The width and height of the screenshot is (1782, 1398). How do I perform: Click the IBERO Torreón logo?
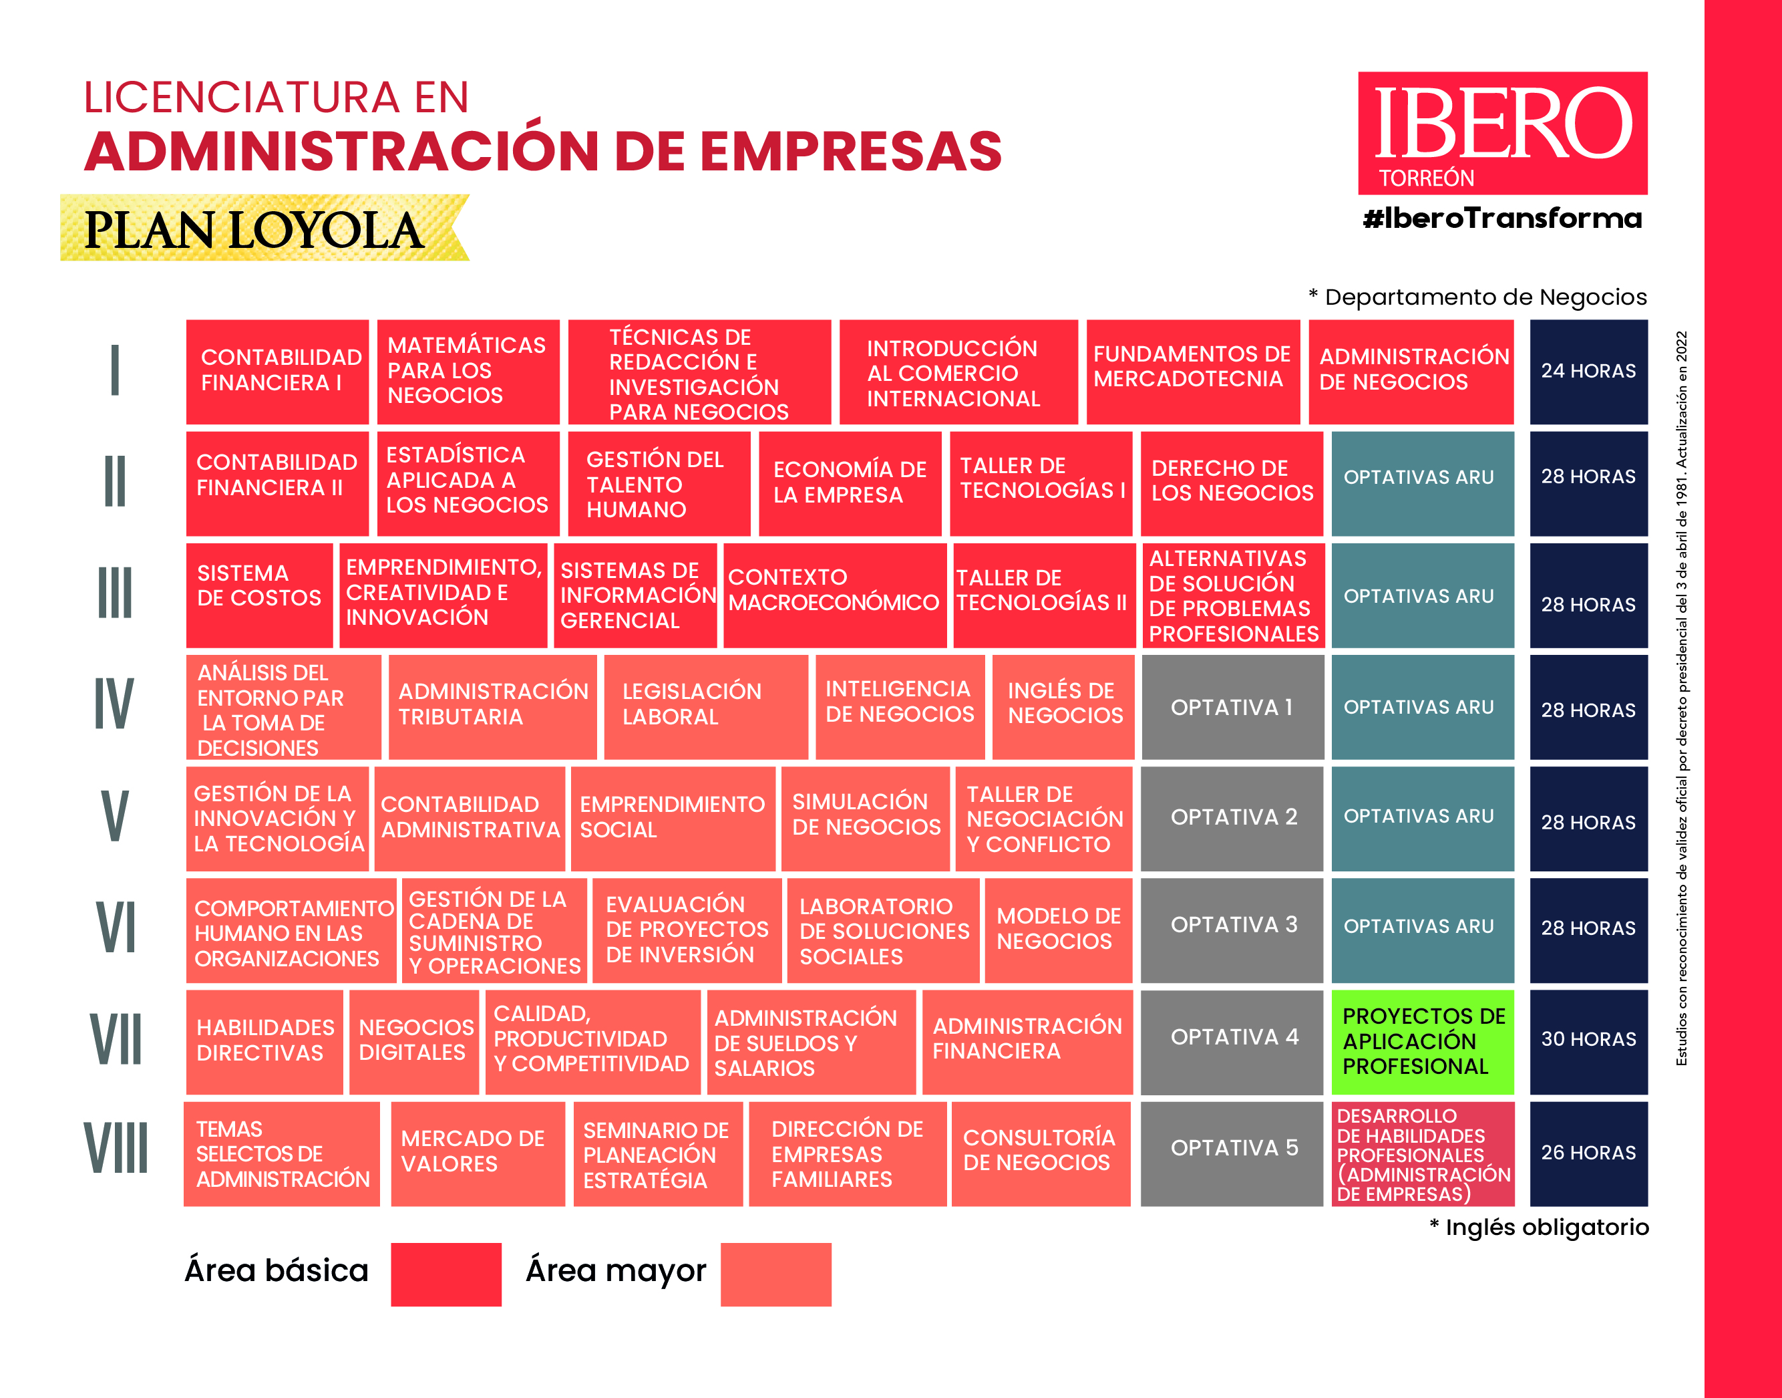1502,132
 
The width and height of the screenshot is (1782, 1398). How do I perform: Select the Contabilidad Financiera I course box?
277,372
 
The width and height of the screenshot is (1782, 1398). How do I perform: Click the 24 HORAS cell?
1588,372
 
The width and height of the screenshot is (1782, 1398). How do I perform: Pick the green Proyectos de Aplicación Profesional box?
1422,1041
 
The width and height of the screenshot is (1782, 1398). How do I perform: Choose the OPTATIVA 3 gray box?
1232,929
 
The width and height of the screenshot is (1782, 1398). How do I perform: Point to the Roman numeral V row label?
114,817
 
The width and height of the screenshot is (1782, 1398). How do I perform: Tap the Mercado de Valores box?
477,1153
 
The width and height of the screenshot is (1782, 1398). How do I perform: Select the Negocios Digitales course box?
414,1041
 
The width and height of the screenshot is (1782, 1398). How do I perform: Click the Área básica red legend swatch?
446,1274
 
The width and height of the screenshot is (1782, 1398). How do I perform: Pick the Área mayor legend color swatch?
775,1274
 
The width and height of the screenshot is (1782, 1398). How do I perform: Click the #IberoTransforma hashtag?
1502,219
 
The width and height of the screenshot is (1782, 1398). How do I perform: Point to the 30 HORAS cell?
1588,1040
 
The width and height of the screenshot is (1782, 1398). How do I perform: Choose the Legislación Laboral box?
705,706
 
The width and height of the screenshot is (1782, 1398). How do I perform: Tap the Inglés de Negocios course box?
1063,706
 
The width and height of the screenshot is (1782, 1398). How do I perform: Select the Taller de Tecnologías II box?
1043,594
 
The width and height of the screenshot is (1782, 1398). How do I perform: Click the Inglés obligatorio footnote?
1538,1227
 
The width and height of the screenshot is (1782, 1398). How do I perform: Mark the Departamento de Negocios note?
1477,297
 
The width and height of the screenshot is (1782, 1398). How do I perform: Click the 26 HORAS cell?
1588,1153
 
